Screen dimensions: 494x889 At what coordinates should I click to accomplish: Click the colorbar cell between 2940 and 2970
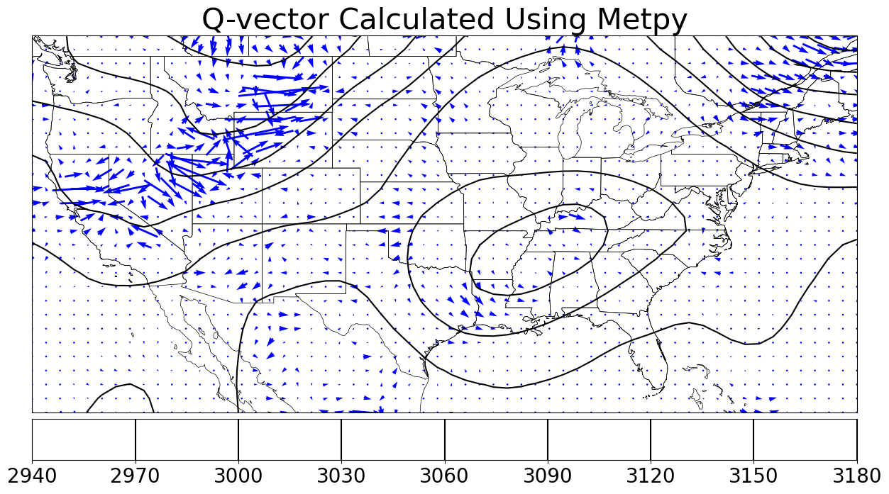(x=84, y=439)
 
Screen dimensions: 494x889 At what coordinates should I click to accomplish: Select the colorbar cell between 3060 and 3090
(x=496, y=439)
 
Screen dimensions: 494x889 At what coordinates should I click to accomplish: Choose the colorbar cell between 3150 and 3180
(x=805, y=439)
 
